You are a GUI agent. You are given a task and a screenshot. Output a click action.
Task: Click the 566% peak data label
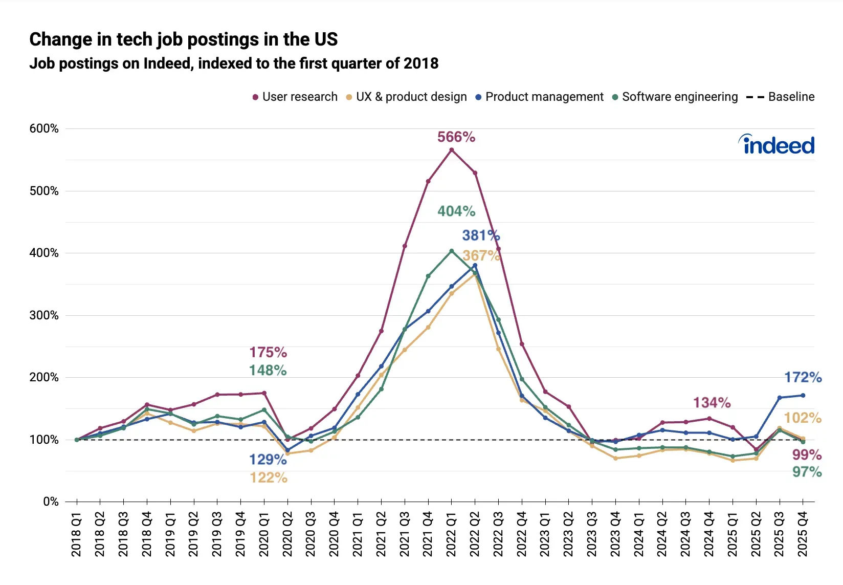click(x=456, y=137)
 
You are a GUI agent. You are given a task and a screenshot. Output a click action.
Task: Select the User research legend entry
click(x=295, y=97)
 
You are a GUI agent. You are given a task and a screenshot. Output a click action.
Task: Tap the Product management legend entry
click(x=540, y=97)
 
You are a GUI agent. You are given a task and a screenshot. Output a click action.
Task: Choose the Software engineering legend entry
click(x=675, y=97)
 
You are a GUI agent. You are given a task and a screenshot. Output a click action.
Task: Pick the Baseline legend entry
click(x=781, y=97)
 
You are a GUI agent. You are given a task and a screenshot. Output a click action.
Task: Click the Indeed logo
click(x=777, y=145)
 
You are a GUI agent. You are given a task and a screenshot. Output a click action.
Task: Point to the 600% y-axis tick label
click(x=44, y=128)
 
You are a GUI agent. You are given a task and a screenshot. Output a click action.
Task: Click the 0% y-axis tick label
click(x=51, y=502)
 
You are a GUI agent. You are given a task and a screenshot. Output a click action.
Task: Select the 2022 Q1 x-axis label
click(x=451, y=534)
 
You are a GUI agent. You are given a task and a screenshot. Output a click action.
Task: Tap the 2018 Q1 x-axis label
click(x=77, y=534)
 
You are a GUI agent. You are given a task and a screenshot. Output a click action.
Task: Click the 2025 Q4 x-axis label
click(x=803, y=534)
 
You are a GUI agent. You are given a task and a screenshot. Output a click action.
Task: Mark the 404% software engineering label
click(x=456, y=211)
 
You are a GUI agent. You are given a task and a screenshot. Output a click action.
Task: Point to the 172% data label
click(x=803, y=378)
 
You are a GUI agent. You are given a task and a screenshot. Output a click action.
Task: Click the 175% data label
click(x=268, y=353)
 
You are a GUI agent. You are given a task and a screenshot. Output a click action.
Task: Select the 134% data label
click(x=712, y=403)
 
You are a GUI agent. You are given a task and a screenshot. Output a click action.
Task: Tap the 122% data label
click(x=269, y=478)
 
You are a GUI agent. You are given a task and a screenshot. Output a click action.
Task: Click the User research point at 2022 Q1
click(x=451, y=150)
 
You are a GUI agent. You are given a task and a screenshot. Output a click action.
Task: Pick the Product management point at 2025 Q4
click(x=803, y=395)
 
